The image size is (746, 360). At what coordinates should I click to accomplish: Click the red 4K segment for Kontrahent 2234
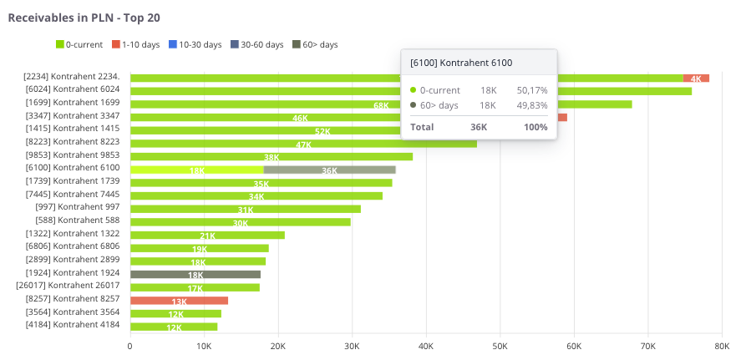point(696,78)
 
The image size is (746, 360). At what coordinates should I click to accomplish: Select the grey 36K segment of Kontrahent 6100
point(329,170)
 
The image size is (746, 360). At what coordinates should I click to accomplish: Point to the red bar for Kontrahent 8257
point(179,300)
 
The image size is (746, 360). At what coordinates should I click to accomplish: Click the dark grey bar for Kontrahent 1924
point(195,274)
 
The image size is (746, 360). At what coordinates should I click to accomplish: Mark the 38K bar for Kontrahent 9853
point(272,156)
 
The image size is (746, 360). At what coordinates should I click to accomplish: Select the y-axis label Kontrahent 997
point(78,207)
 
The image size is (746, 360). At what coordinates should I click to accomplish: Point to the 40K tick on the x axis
point(426,345)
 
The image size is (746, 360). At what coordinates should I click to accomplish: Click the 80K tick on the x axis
point(723,345)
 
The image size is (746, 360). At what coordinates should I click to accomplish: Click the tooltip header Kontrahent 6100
point(461,63)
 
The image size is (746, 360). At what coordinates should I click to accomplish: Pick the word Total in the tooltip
point(423,127)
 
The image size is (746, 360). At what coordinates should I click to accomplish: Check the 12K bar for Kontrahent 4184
point(174,326)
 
